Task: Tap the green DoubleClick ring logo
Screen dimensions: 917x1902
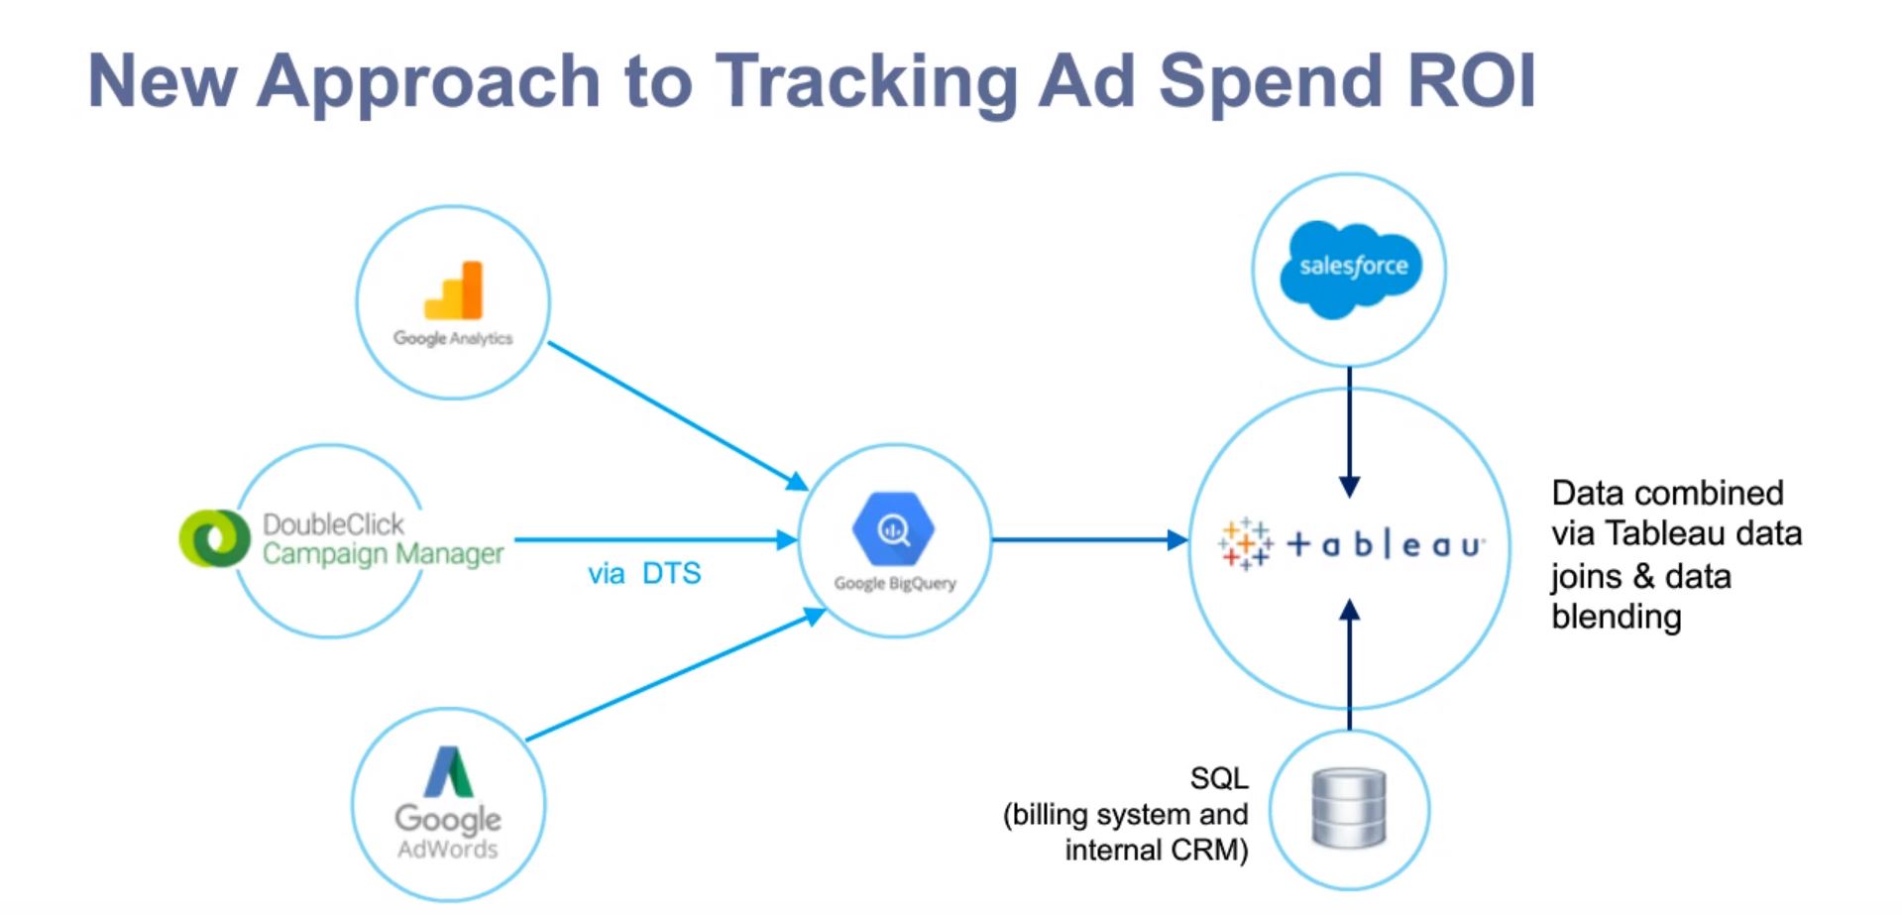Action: (213, 538)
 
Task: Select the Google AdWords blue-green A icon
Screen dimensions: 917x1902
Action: (449, 771)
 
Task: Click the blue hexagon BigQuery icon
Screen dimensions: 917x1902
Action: (893, 530)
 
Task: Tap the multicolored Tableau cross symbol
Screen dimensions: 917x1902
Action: (1245, 543)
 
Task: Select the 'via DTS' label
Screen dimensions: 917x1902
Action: (644, 574)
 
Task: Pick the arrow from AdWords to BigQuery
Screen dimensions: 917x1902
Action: (674, 678)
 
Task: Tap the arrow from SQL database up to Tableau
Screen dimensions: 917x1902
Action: (1349, 664)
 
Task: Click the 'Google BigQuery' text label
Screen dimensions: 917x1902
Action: (895, 583)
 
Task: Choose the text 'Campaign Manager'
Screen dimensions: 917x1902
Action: (384, 553)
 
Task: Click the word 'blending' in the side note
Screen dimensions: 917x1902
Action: (1616, 617)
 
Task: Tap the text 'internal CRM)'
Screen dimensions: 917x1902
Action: (1156, 851)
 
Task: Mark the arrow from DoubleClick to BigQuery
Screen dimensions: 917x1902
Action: (654, 540)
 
